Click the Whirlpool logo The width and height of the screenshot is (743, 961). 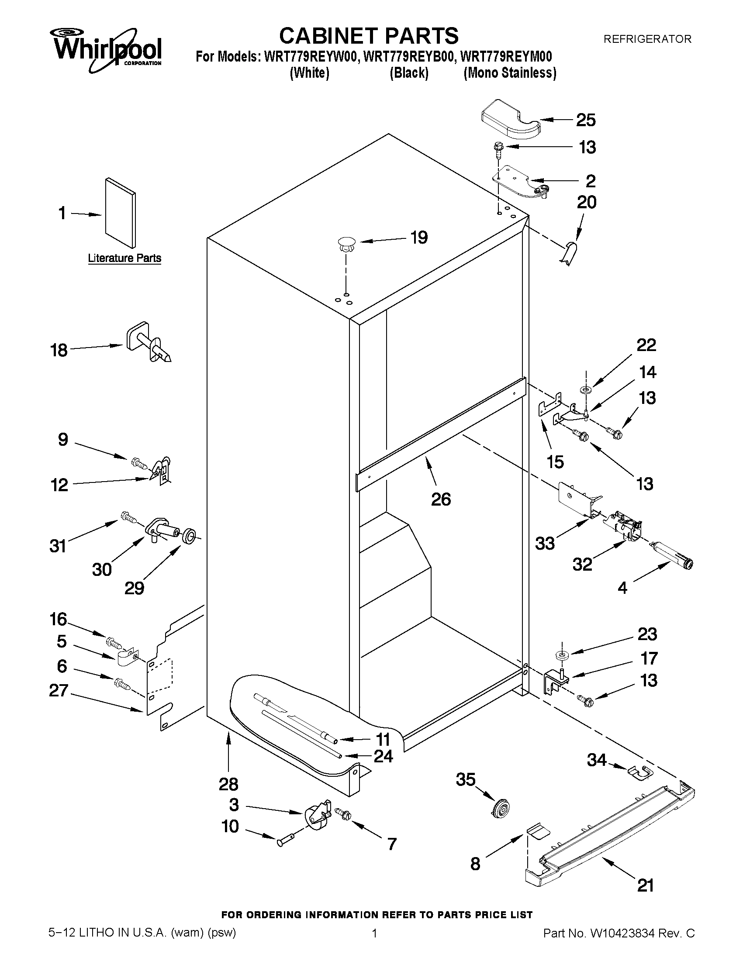(x=108, y=49)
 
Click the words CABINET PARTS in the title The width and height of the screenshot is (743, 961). (x=369, y=36)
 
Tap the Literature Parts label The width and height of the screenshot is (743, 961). (x=124, y=258)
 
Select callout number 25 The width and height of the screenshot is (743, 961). (x=586, y=120)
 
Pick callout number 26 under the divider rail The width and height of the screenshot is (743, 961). (x=441, y=499)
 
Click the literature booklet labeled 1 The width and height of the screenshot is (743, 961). (x=120, y=213)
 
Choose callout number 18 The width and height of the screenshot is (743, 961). (x=59, y=351)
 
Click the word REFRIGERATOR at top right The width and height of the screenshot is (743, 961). (x=647, y=39)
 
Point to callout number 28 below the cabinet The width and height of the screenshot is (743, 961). (x=228, y=784)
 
